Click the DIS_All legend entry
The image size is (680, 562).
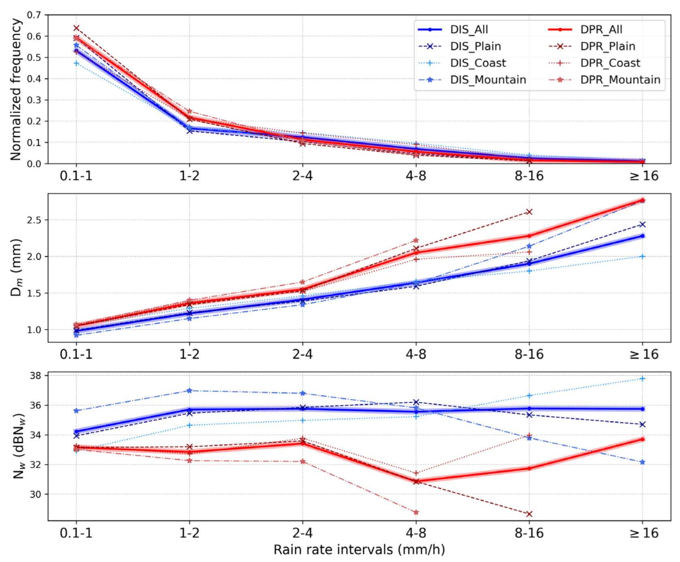(469, 30)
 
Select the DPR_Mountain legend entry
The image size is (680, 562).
(620, 80)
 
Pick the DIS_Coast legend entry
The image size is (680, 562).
(478, 63)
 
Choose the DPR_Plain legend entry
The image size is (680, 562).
(608, 46)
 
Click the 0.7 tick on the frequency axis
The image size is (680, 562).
(34, 15)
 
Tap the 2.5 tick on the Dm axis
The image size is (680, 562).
(34, 220)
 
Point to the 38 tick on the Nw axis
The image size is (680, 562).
(36, 376)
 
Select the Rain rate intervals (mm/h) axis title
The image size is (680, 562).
(359, 550)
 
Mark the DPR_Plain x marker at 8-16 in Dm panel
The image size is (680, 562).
(529, 212)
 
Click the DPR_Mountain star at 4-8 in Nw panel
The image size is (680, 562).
(416, 513)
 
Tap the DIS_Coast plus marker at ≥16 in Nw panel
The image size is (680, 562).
(642, 378)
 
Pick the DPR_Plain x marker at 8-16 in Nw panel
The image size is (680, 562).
(529, 514)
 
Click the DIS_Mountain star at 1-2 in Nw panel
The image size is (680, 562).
(189, 391)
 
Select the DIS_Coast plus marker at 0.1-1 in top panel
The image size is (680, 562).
(76, 63)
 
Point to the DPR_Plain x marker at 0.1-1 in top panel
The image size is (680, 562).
(76, 28)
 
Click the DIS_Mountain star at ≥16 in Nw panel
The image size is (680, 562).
(642, 462)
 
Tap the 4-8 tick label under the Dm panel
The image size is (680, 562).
(416, 355)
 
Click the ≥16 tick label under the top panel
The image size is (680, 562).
(644, 176)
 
